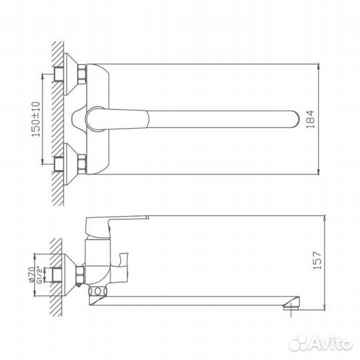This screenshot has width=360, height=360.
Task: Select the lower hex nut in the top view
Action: click(x=82, y=163)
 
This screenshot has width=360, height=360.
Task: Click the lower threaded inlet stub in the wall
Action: click(x=55, y=163)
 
